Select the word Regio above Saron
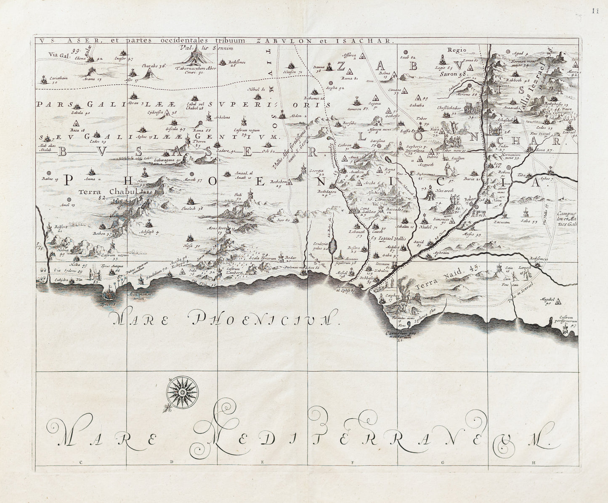pyautogui.click(x=457, y=50)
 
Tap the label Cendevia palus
pyautogui.click(x=322, y=246)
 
